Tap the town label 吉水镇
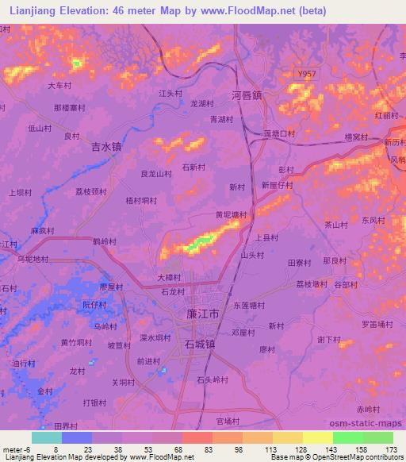click(x=106, y=147)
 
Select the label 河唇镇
click(x=247, y=94)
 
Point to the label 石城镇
click(x=199, y=345)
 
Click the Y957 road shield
click(x=307, y=74)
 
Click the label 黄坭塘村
click(x=231, y=215)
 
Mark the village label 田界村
click(x=67, y=425)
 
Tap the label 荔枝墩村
click(x=306, y=284)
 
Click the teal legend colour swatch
click(x=47, y=437)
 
